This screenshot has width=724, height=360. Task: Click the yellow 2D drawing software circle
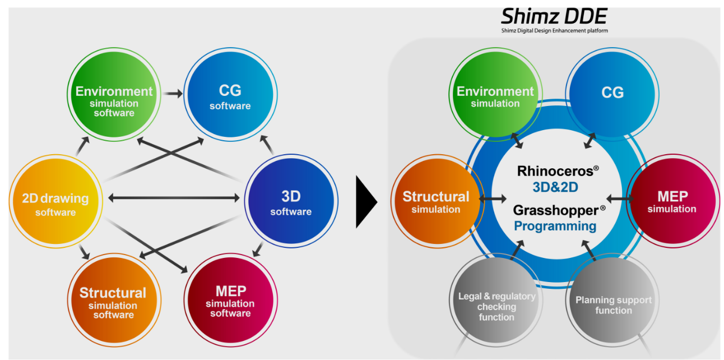[55, 204]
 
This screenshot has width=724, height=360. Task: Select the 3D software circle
[291, 202]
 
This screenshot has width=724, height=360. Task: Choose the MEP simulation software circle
[230, 300]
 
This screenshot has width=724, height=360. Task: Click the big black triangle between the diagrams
[366, 202]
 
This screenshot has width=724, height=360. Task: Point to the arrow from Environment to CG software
[173, 94]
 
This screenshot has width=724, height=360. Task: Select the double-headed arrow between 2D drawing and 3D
[174, 197]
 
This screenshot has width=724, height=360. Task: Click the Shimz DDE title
[554, 16]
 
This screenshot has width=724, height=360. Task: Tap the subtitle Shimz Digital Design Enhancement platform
[554, 31]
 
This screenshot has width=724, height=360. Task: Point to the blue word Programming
[555, 226]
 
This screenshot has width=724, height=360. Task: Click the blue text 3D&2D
[555, 187]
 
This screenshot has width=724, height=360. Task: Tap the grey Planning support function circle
[613, 305]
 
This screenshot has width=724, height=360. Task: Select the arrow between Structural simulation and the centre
[493, 199]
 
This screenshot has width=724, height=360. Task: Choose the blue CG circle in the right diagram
[612, 93]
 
